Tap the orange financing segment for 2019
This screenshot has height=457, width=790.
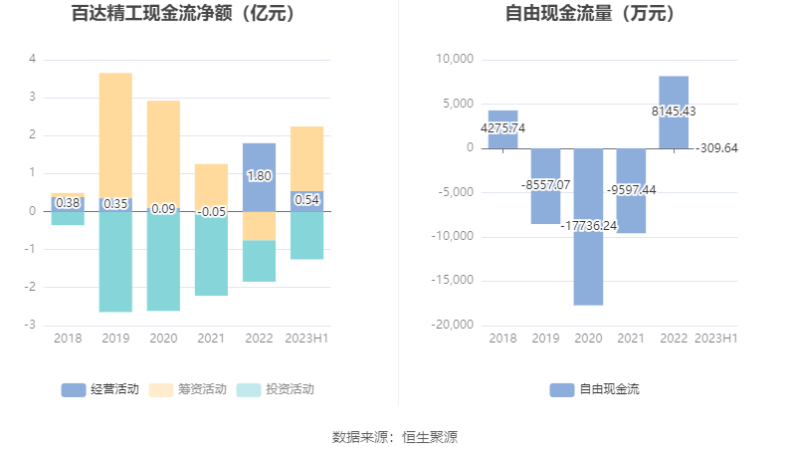coord(115,134)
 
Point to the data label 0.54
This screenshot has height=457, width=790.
coord(306,200)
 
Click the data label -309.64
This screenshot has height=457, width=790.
coord(716,148)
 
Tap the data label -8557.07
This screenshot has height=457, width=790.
coord(545,185)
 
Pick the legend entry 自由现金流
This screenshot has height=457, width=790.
coord(594,389)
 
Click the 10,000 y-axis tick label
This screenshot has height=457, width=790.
coord(455,60)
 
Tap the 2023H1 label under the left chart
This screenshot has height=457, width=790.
coord(306,339)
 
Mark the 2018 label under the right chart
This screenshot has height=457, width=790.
coord(502,339)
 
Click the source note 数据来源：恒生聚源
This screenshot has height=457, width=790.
coord(394,436)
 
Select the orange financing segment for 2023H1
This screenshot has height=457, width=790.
coord(306,158)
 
